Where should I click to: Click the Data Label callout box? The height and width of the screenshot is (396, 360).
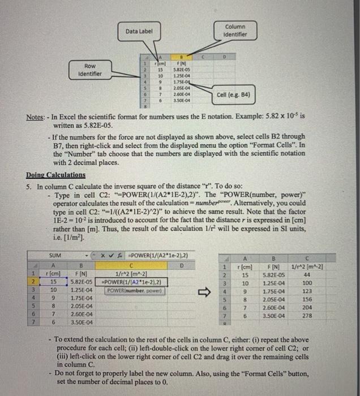click(x=139, y=31)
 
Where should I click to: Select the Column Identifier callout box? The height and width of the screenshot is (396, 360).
click(x=235, y=31)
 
